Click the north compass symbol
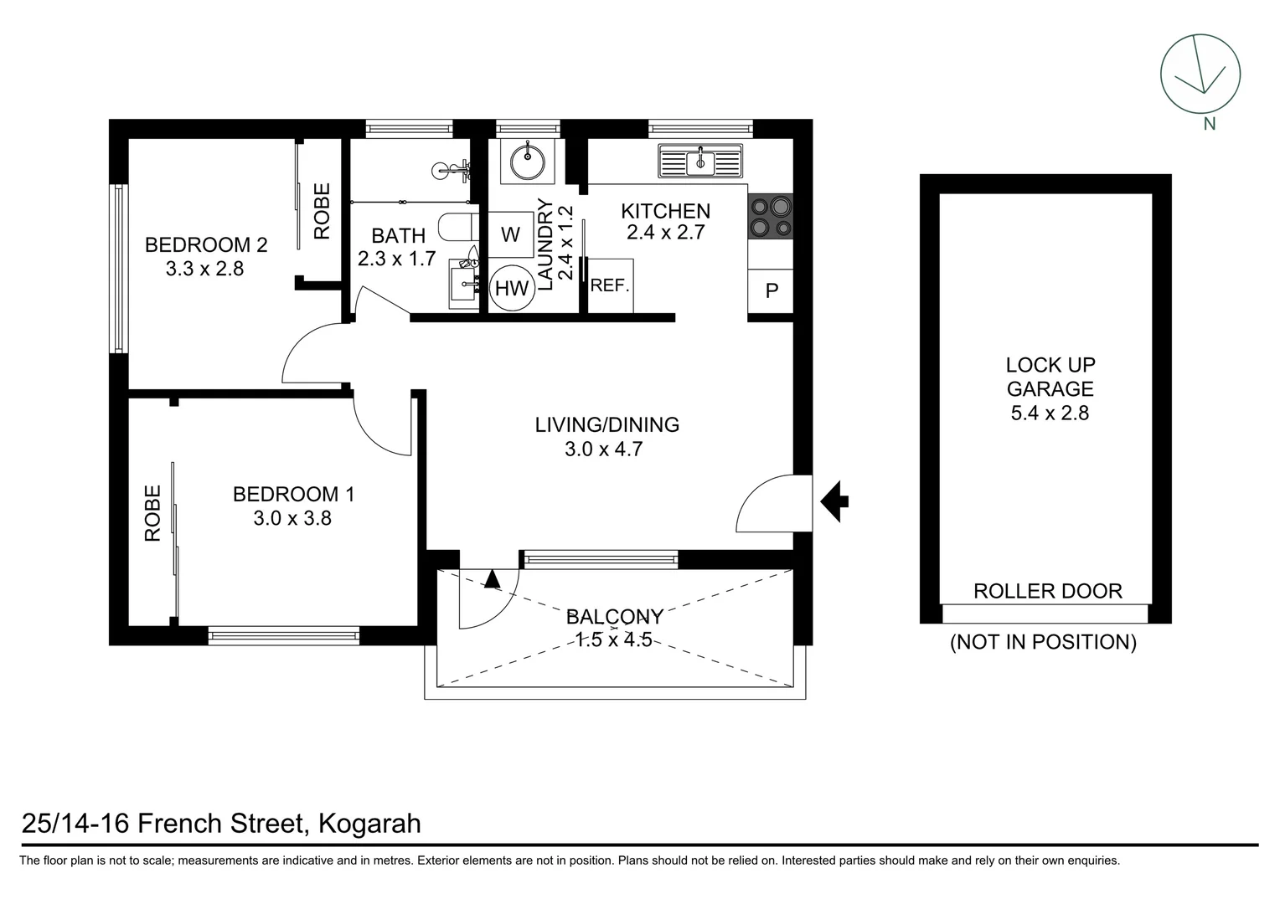(1200, 74)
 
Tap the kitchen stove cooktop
(771, 216)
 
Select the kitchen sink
(700, 161)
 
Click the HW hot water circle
(512, 289)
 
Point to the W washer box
(510, 234)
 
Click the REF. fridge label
(610, 285)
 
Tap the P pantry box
(772, 291)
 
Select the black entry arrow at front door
(834, 502)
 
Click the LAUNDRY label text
(545, 244)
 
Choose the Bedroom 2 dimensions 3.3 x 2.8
(204, 269)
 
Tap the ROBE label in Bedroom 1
(152, 513)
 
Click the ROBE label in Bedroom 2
(323, 211)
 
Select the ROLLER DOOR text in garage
(1047, 591)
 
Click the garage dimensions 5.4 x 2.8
(1050, 413)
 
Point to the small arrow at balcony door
(492, 578)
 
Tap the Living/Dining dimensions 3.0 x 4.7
(603, 449)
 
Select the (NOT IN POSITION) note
(1042, 642)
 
